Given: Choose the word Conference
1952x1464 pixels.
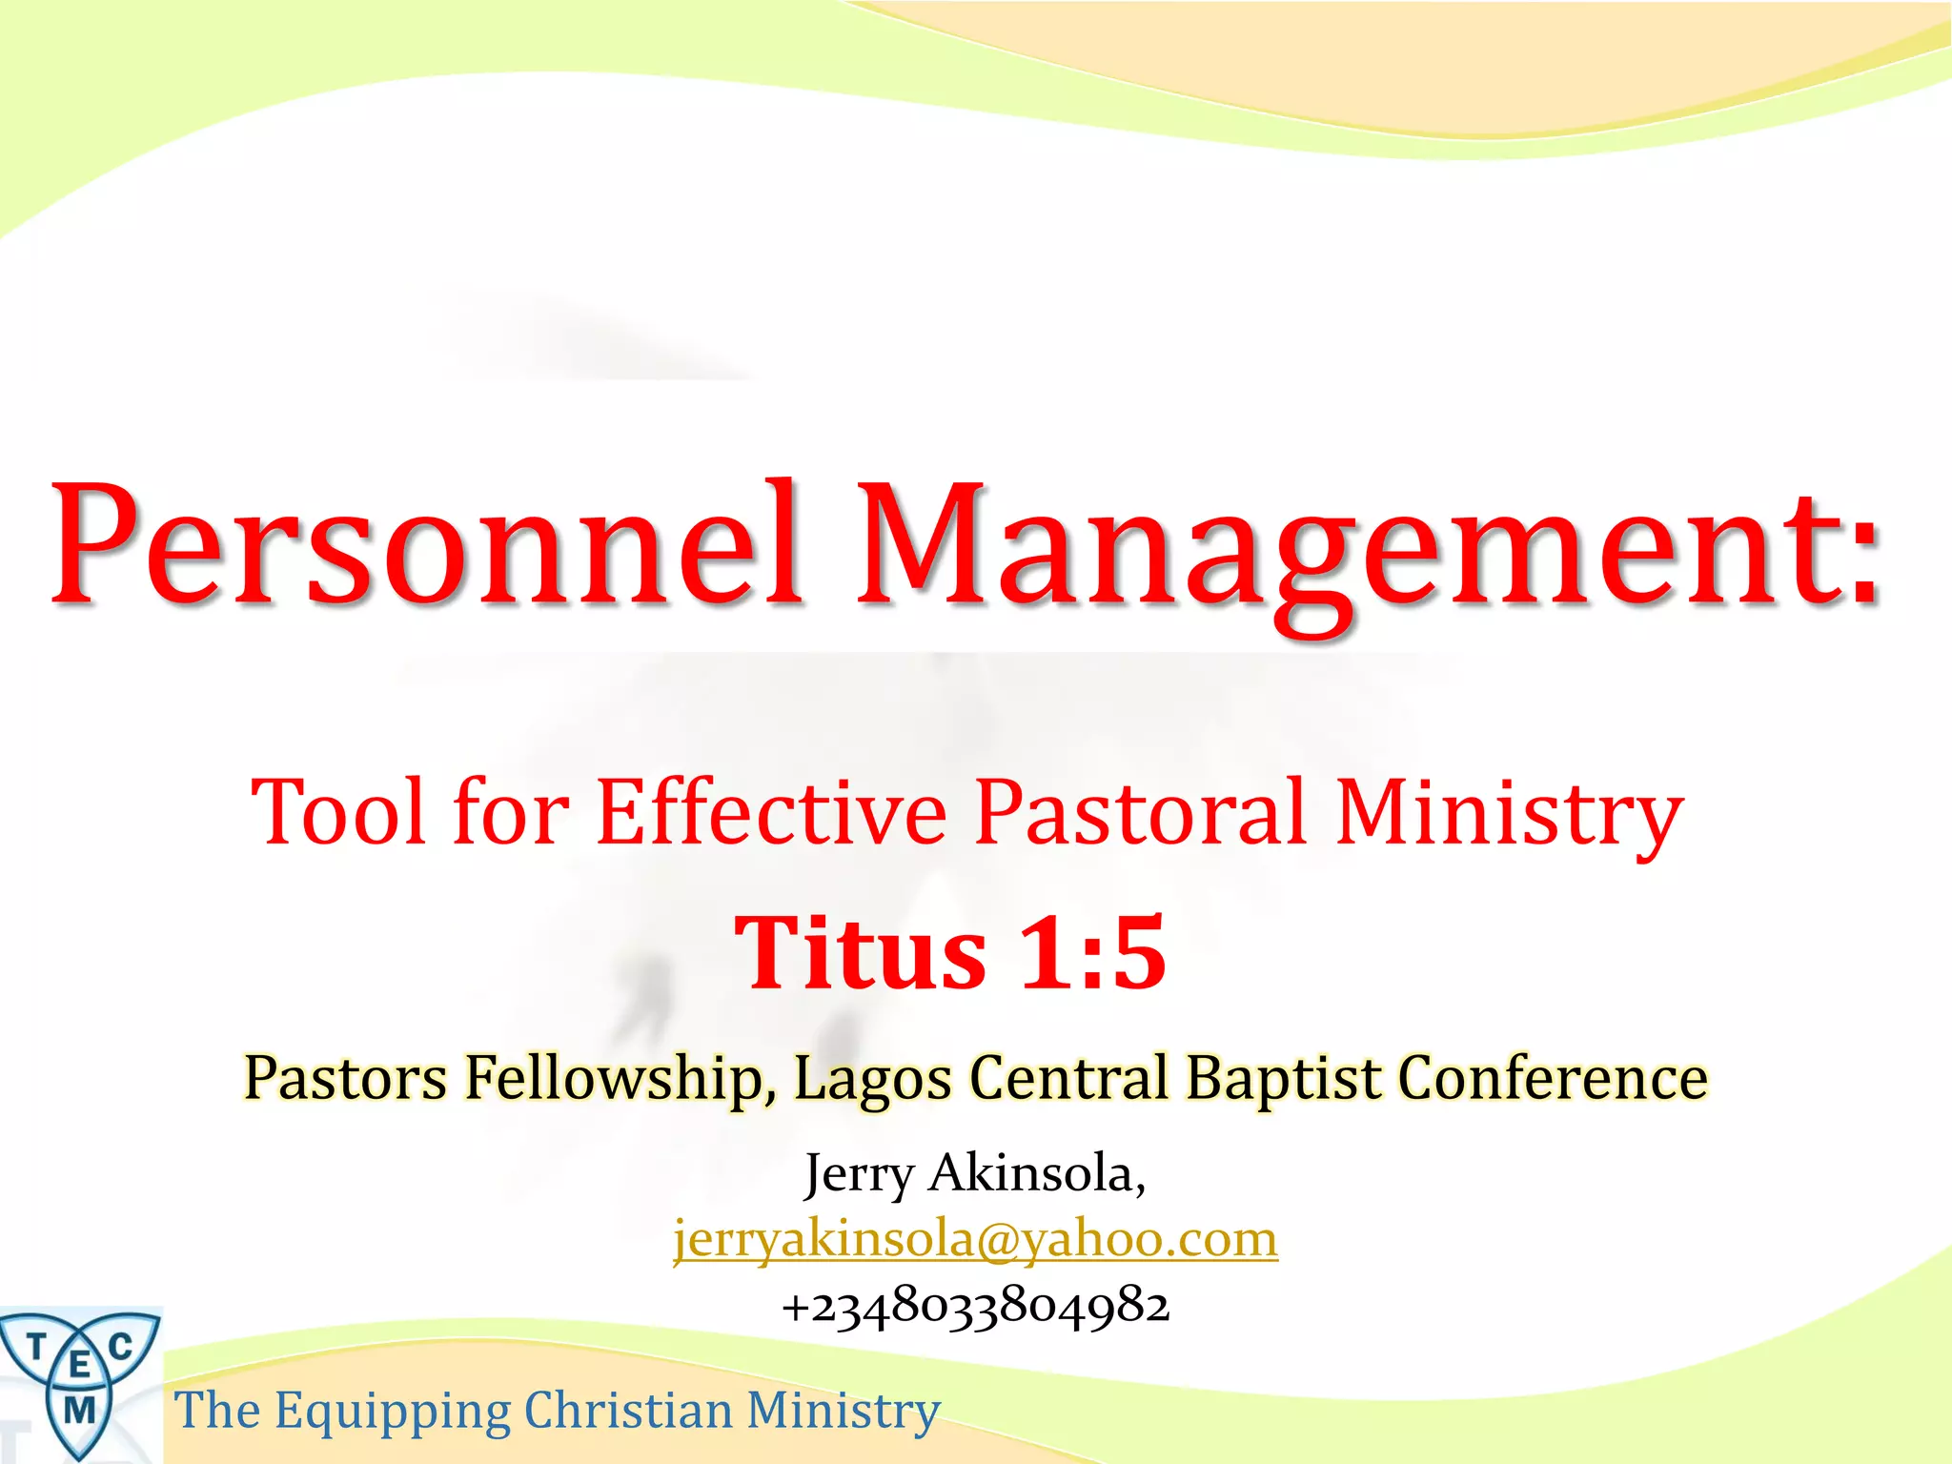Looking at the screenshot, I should pos(1553,1079).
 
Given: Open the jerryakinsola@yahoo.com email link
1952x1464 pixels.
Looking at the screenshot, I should pos(975,1239).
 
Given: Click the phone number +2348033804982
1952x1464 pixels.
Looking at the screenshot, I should pos(975,1306).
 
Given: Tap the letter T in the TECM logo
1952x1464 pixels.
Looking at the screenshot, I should pos(36,1348).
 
